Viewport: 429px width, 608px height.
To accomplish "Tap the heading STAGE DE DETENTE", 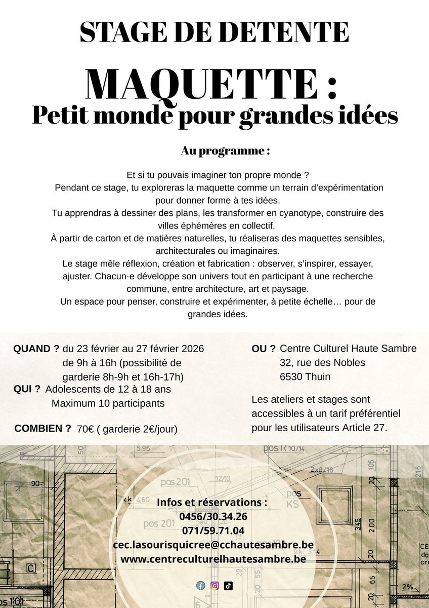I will [214, 32].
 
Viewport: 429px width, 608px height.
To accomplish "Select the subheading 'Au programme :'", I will [225, 151].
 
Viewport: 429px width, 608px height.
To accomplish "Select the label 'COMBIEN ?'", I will [42, 428].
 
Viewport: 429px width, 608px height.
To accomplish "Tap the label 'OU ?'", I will [264, 349].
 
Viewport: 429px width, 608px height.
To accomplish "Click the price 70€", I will [85, 429].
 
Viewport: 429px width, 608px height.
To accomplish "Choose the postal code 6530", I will [291, 377].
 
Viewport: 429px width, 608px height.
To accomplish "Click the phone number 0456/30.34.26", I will [213, 517].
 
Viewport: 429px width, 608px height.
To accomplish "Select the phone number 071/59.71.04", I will [213, 531].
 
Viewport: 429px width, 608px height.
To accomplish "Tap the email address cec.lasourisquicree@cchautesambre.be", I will [217, 545].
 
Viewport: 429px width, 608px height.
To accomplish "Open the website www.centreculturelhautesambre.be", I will [213, 559].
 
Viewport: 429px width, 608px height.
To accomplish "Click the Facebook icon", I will [201, 586].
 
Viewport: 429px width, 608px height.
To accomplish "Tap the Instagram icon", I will [214, 586].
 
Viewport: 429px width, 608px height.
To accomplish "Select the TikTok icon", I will [228, 586].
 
